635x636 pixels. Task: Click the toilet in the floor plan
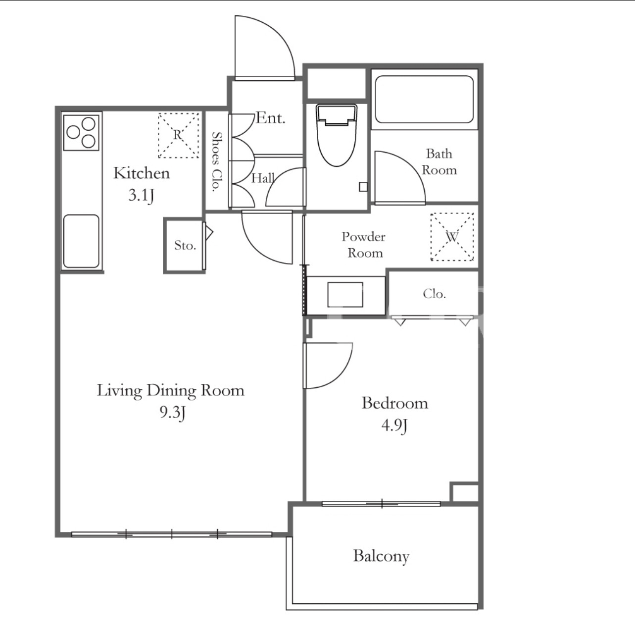[x=337, y=135]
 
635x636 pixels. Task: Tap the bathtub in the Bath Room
[x=424, y=100]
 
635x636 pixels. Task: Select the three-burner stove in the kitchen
[x=81, y=133]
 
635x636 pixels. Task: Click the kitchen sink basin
[x=81, y=241]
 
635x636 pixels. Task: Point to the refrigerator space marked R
[x=179, y=135]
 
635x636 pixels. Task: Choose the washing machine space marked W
[x=452, y=237]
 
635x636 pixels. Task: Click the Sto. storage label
[x=185, y=246]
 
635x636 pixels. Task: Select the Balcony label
[x=381, y=556]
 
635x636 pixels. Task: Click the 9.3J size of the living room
[x=173, y=413]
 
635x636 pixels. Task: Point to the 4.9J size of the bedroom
[x=394, y=426]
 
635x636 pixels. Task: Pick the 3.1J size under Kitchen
[x=141, y=195]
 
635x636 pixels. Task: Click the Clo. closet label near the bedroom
[x=434, y=294]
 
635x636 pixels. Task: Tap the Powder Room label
[x=364, y=245]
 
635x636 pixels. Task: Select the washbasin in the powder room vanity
[x=345, y=295]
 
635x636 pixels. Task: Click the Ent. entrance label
[x=271, y=118]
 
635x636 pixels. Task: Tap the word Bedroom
[x=395, y=403]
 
